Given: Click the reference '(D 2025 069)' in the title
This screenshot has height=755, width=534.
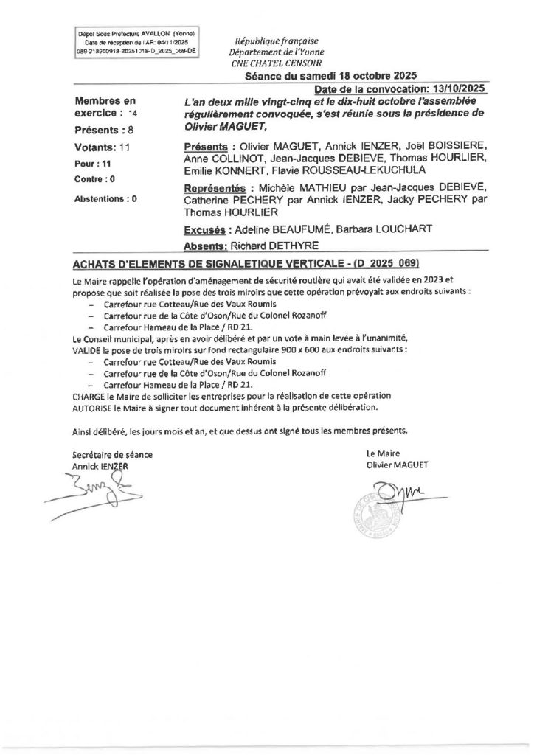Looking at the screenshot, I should [378, 263].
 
